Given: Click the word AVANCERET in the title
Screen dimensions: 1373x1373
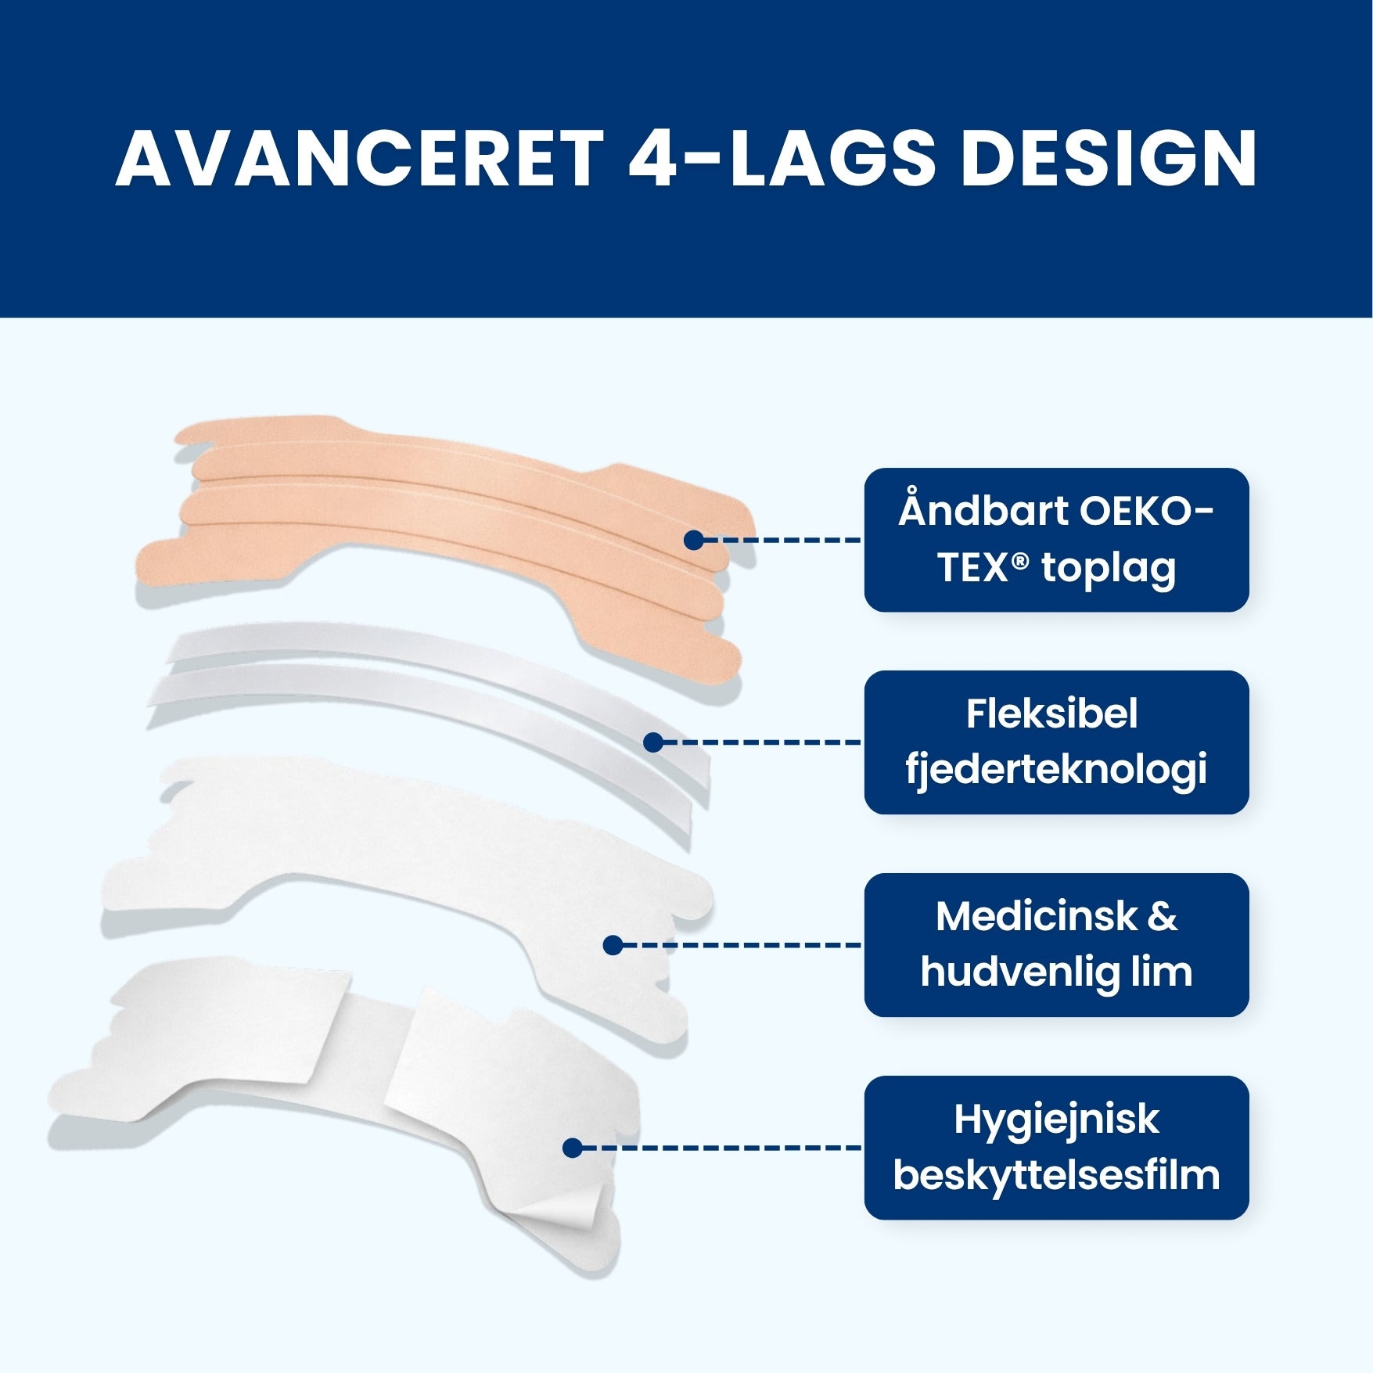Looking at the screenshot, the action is pyautogui.click(x=360, y=158).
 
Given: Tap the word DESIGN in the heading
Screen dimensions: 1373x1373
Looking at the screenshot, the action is pyautogui.click(x=1109, y=158).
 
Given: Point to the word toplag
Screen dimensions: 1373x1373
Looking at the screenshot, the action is pyautogui.click(x=1109, y=570).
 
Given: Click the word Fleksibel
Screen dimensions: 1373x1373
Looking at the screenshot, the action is pyautogui.click(x=1052, y=713).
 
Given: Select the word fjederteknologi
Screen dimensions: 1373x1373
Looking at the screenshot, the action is pyautogui.click(x=1056, y=770).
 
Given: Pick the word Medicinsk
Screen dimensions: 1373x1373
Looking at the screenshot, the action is pyautogui.click(x=1036, y=916).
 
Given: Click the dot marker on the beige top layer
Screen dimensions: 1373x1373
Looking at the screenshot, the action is pyautogui.click(x=693, y=540).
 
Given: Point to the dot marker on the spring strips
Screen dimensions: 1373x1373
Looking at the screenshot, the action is pyautogui.click(x=653, y=742).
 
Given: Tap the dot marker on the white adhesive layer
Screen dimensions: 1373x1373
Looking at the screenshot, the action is pyautogui.click(x=613, y=945).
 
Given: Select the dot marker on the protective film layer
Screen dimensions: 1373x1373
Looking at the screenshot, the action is pyautogui.click(x=572, y=1148).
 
